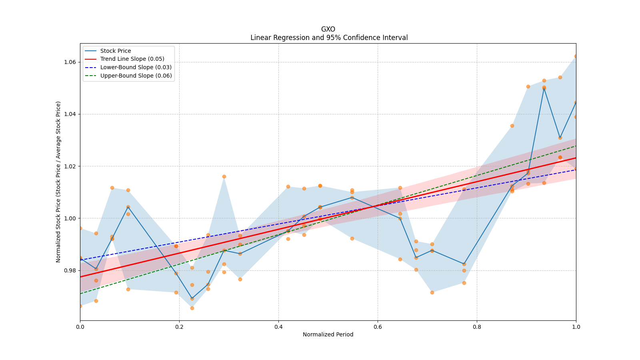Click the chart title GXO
[328, 29]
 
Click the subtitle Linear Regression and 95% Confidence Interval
[329, 38]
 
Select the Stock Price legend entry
[116, 51]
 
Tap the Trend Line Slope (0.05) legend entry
[132, 59]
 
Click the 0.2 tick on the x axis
[179, 327]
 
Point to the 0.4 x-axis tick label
[278, 327]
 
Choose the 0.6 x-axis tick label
[378, 327]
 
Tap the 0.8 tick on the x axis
[477, 327]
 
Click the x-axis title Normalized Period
[328, 334]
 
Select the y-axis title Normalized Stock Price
[58, 182]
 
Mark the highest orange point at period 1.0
[576, 56]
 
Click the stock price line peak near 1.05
[544, 88]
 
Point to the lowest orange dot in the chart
[192, 308]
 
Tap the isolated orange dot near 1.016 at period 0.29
[224, 176]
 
